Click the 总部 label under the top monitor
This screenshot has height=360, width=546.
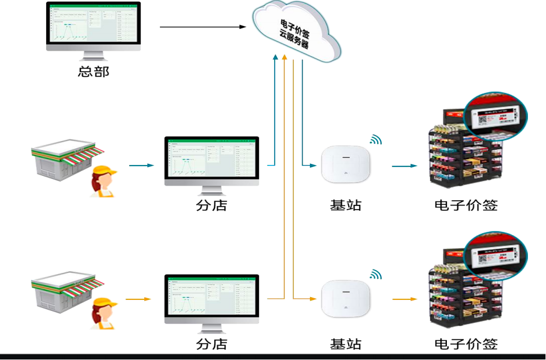pos(93,71)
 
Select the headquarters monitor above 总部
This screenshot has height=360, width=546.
pos(93,26)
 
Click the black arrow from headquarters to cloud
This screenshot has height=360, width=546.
pos(202,26)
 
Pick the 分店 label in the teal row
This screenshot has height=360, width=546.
pos(211,205)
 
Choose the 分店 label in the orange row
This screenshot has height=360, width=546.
pos(211,344)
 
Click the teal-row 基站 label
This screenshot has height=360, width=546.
pos(346,205)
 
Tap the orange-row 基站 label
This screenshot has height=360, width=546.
pos(346,344)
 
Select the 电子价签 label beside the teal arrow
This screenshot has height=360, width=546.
pos(466,205)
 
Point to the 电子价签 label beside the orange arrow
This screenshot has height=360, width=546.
pos(466,344)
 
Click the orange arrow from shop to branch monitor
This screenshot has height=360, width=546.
pos(138,299)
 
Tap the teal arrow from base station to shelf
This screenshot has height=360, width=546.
pos(404,166)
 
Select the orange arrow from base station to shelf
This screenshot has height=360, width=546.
pos(404,299)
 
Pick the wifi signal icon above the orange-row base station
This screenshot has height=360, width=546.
pos(375,274)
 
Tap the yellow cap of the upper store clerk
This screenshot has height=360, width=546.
pos(104,170)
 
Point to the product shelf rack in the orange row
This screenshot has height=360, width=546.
pos(457,301)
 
